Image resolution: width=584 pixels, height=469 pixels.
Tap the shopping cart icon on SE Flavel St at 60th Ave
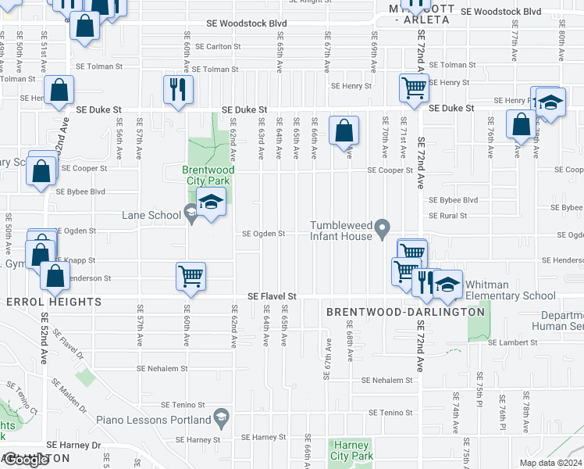pyautogui.click(x=191, y=275)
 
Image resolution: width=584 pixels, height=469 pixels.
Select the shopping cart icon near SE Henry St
pyautogui.click(x=414, y=88)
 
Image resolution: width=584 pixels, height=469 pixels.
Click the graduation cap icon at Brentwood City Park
pyautogui.click(x=211, y=202)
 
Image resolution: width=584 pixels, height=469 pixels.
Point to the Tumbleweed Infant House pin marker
pyautogui.click(x=382, y=229)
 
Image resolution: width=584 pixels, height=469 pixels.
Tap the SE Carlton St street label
pyautogui.click(x=213, y=47)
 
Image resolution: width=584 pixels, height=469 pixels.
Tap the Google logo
pyautogui.click(x=27, y=460)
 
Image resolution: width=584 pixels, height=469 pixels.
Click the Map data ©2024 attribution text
pyautogui.click(x=550, y=463)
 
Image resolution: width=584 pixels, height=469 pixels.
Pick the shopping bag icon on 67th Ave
pyautogui.click(x=344, y=130)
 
